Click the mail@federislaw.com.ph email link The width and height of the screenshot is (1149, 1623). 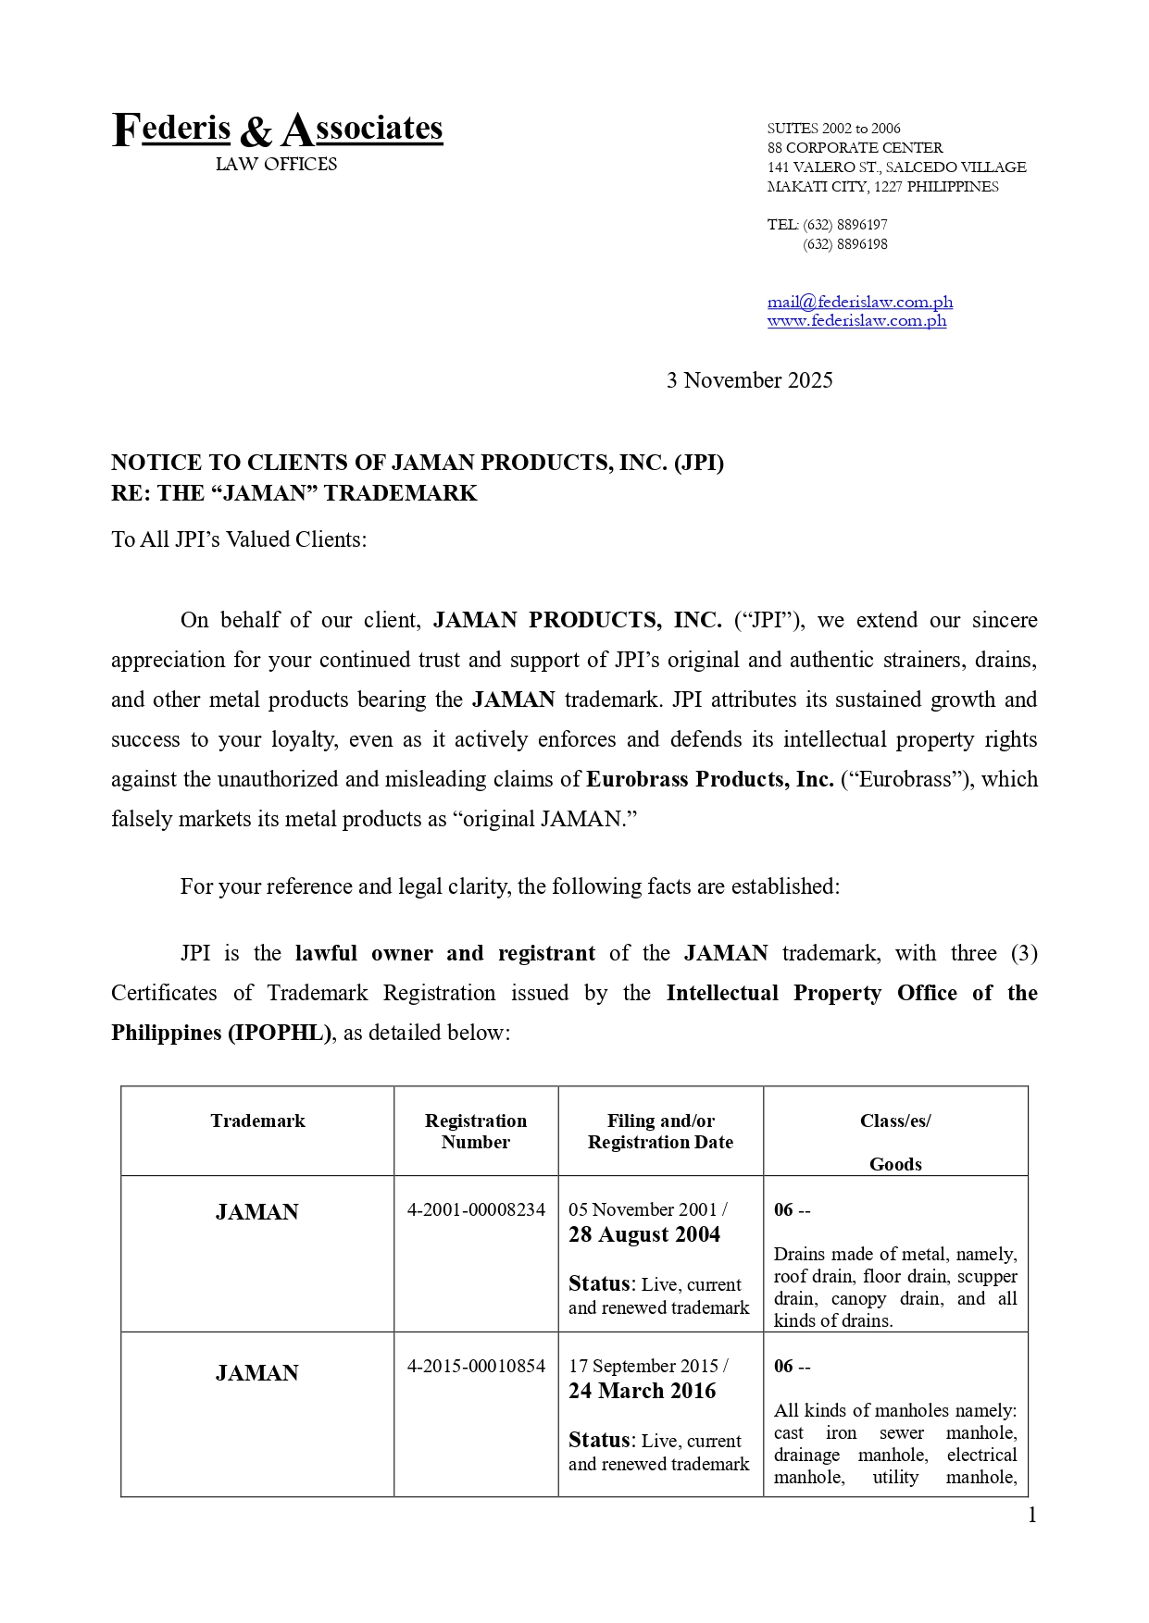pos(859,302)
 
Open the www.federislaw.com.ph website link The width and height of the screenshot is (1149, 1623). pos(856,321)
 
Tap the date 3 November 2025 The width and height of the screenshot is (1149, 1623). pos(749,380)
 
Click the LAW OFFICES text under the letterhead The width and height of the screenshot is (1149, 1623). pos(276,165)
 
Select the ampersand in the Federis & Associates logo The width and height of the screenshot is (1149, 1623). pos(256,132)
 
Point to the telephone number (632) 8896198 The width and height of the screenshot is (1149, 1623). pos(844,244)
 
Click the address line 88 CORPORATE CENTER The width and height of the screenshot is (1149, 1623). pos(855,148)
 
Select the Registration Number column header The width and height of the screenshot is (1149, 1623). pos(475,1132)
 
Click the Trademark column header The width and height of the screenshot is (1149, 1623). pos(257,1121)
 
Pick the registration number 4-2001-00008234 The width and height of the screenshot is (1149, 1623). pos(476,1209)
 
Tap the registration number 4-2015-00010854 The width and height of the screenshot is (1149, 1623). pos(476,1366)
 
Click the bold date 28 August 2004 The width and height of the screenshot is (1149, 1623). pos(643,1234)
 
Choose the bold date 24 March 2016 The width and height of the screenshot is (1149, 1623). pos(642,1391)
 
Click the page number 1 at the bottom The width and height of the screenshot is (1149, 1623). pos(1032,1516)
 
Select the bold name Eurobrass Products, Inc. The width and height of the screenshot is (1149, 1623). pos(709,779)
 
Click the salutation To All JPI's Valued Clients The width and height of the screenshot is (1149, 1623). pos(239,539)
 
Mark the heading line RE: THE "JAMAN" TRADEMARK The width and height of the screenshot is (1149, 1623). pos(293,493)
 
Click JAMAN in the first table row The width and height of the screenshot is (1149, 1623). pos(256,1212)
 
